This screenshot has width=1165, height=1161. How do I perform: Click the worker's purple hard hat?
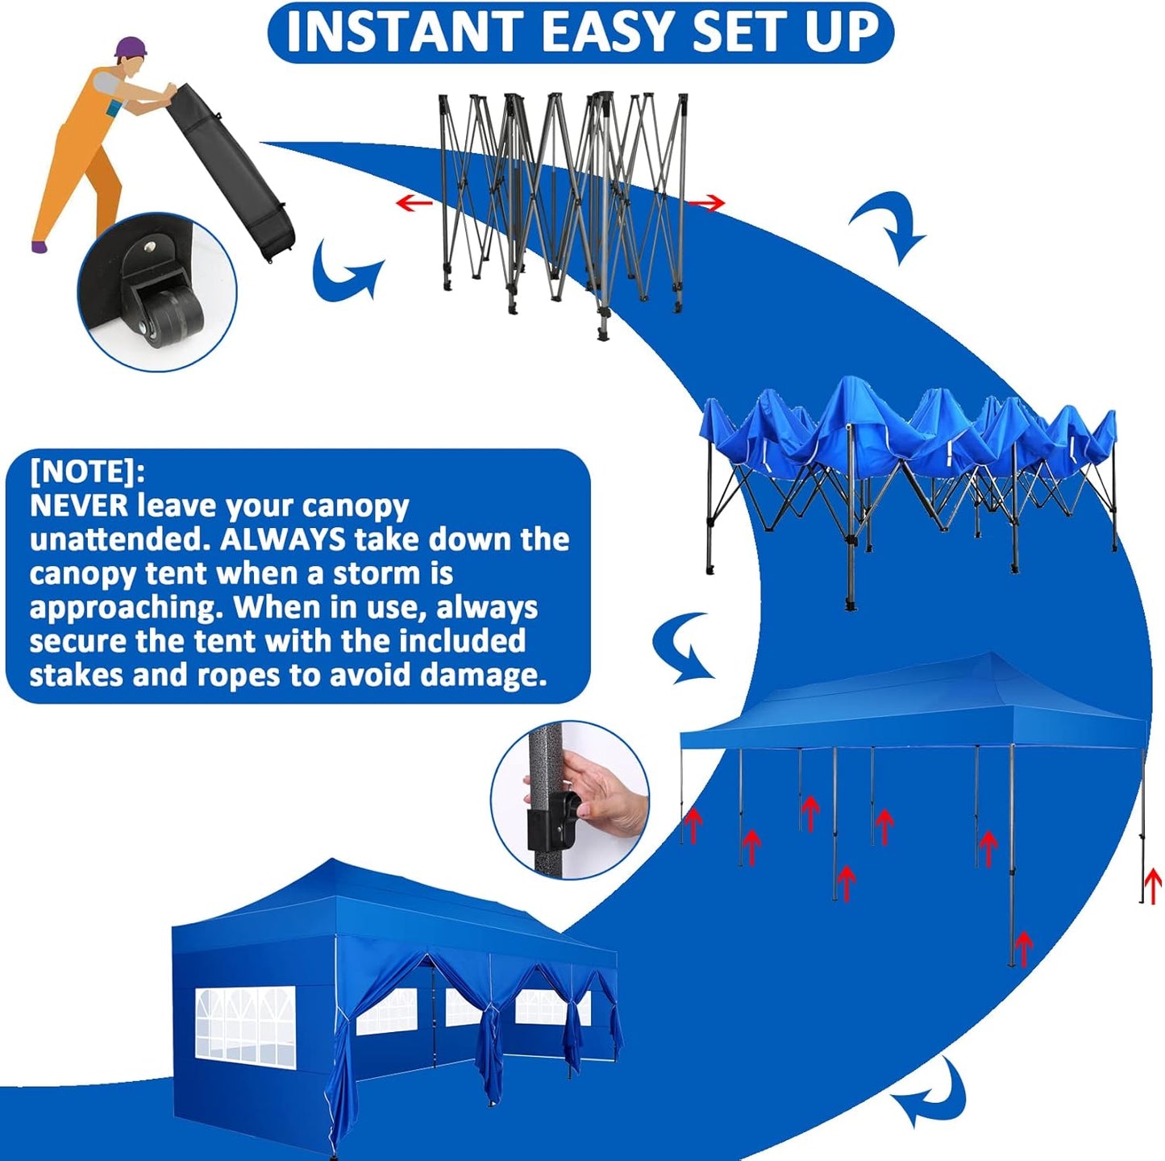130,48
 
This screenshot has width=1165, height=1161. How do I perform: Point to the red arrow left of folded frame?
414,202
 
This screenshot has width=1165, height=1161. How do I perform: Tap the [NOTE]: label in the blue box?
87,471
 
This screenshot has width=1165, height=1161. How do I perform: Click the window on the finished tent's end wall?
245,1023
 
